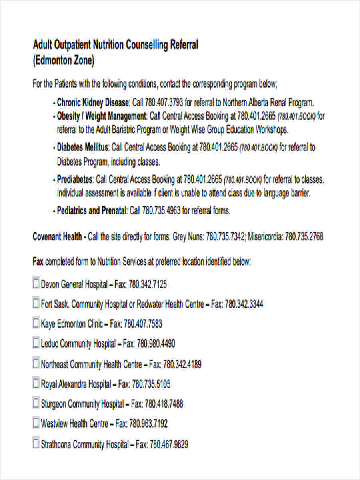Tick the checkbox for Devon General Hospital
(x=36, y=284)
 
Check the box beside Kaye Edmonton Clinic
(x=36, y=323)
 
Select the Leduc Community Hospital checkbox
(x=36, y=343)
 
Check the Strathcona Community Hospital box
(x=36, y=443)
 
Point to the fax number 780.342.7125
(x=148, y=285)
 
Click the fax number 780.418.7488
(x=164, y=404)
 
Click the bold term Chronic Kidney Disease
(x=93, y=102)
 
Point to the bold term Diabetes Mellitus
(x=82, y=147)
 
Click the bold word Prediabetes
(x=75, y=180)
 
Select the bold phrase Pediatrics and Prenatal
(x=92, y=211)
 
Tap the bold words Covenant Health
(x=57, y=237)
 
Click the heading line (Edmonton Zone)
(x=64, y=61)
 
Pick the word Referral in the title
(x=184, y=45)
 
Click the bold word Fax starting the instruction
(x=38, y=262)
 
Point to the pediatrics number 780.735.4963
(x=161, y=211)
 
